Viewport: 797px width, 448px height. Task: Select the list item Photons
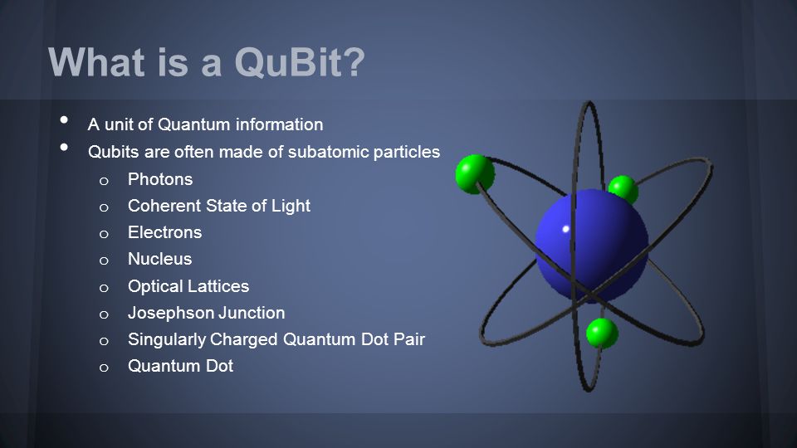pos(160,179)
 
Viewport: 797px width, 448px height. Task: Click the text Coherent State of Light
pos(219,206)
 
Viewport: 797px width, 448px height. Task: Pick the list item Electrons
pos(164,232)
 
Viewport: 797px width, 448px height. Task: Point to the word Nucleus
pos(159,259)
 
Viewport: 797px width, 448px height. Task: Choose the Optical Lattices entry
pos(188,286)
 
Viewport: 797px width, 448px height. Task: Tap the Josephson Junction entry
pos(207,313)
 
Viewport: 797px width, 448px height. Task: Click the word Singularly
pos(167,339)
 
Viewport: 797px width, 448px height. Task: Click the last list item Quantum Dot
pos(180,366)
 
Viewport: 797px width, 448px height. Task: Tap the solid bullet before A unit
pos(64,119)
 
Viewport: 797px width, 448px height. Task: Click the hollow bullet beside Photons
pos(104,181)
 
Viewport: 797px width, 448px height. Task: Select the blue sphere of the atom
pos(592,246)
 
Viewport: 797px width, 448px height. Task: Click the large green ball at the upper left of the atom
pos(475,174)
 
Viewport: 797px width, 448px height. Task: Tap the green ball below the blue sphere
pos(603,334)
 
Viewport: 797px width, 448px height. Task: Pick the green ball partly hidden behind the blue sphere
pos(623,188)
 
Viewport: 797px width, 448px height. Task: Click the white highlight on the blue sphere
pos(565,229)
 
